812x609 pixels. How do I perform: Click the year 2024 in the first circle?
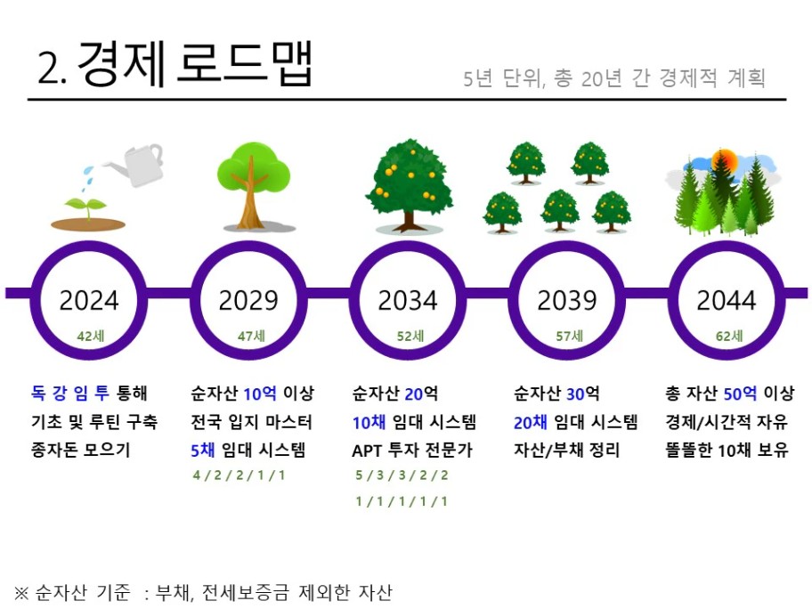89,300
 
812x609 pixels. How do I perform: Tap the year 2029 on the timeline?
248,300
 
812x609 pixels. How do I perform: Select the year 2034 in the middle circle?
408,300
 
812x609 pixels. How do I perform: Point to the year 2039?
567,300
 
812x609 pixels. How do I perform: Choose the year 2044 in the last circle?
726,300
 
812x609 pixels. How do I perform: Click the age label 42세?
91,337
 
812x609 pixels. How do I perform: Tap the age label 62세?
729,337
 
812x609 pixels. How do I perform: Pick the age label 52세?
410,337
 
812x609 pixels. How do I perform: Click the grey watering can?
135,164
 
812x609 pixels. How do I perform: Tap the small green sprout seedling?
86,207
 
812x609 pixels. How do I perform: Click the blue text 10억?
260,394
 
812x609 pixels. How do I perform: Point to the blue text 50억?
740,394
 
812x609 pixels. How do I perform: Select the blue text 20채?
531,423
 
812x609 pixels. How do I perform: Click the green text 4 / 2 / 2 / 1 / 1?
240,475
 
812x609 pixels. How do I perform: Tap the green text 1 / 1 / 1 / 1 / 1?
402,501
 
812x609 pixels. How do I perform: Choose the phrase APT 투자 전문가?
412,450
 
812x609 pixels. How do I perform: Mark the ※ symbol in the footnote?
21,592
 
